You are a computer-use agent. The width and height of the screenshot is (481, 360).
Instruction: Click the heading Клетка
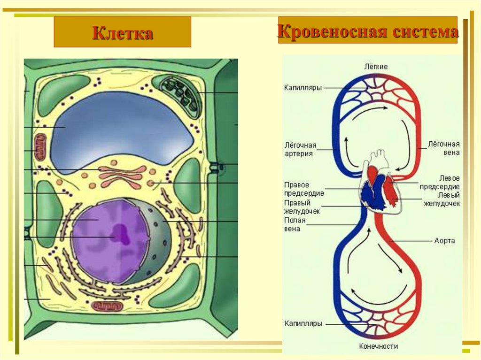123,33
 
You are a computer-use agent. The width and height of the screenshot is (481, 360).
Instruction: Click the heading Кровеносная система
368,31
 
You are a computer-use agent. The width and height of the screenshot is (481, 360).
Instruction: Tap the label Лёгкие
376,67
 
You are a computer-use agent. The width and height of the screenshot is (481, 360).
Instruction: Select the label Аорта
444,241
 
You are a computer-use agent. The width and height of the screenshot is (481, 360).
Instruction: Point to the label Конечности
379,346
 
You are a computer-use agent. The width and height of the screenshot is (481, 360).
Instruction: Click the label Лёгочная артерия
300,149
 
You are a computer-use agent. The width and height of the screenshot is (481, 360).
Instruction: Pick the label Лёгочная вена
443,148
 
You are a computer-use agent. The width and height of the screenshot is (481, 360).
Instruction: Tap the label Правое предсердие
304,189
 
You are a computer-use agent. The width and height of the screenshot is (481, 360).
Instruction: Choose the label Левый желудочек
442,199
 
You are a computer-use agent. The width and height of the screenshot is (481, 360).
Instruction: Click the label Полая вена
295,224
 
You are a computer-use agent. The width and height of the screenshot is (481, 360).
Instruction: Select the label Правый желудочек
302,207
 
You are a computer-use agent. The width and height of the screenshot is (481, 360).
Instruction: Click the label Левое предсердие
440,183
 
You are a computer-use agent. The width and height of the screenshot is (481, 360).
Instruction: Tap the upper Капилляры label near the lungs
303,88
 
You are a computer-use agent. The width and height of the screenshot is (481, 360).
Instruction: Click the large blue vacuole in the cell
123,129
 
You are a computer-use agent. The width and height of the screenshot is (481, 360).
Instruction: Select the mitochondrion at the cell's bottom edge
108,306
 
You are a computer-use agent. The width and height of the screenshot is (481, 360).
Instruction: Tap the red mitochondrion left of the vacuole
40,147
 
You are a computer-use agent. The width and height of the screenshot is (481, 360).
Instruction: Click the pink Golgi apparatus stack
123,177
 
